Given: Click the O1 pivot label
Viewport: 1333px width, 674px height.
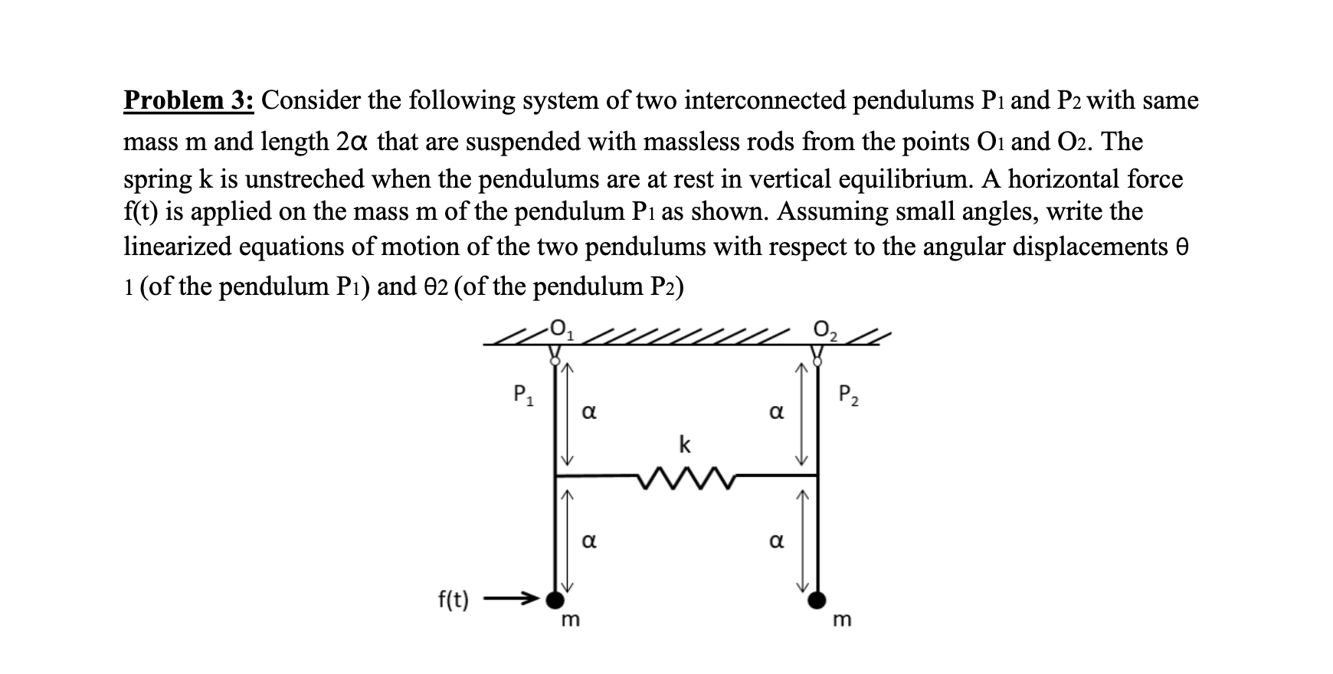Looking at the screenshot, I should (x=562, y=332).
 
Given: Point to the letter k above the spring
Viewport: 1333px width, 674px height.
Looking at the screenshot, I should (x=684, y=444).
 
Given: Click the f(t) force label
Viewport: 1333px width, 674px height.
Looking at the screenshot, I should (x=454, y=600).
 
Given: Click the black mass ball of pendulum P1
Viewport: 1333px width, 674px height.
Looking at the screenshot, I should (x=555, y=600).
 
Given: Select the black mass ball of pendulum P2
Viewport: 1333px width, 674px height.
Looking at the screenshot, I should (x=818, y=600).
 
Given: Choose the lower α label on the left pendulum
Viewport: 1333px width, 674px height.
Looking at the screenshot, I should (x=589, y=541).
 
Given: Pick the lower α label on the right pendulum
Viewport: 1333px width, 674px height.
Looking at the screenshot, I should (x=776, y=541).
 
